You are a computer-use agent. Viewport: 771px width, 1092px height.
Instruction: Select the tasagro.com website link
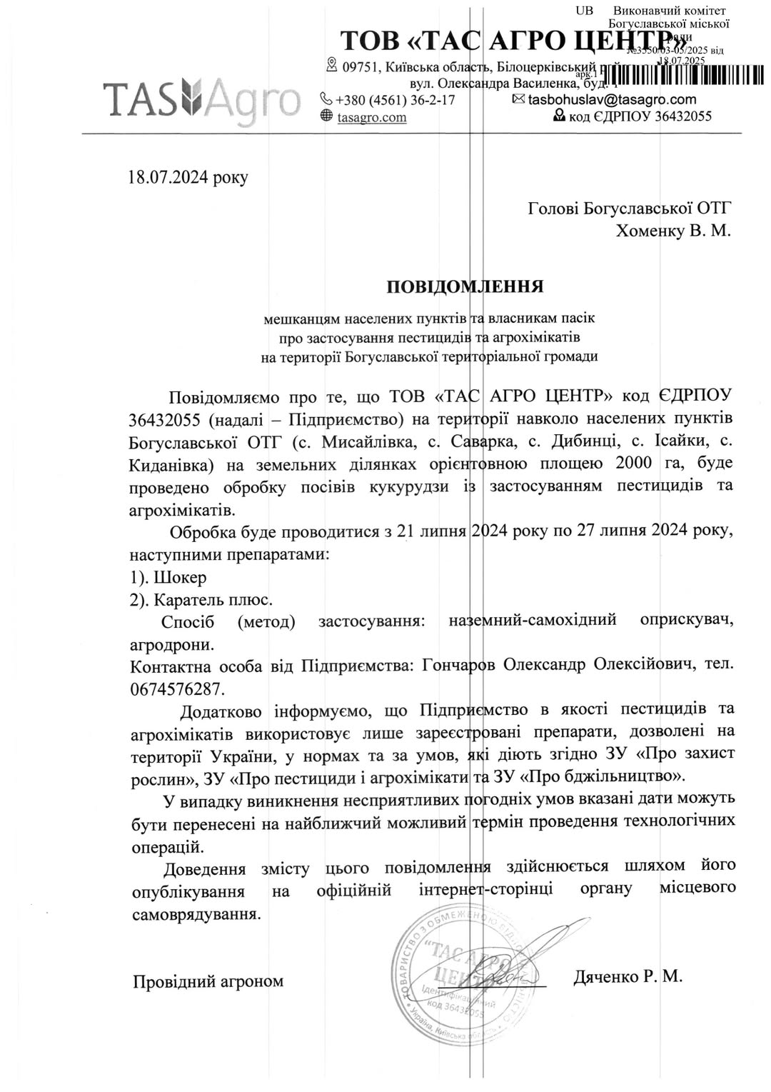[x=371, y=117]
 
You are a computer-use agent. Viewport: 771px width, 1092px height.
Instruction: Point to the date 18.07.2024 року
[x=188, y=177]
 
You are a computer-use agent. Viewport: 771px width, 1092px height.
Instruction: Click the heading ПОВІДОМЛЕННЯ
[x=465, y=286]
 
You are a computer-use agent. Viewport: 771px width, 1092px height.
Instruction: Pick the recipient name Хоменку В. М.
[x=673, y=231]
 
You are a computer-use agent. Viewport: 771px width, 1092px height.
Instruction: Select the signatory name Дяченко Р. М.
[x=628, y=976]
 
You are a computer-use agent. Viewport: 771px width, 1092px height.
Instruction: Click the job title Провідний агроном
[x=208, y=981]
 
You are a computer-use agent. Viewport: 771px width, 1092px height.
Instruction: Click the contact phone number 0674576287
[x=176, y=689]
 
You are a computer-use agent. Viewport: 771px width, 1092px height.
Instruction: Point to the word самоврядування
[x=195, y=914]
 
